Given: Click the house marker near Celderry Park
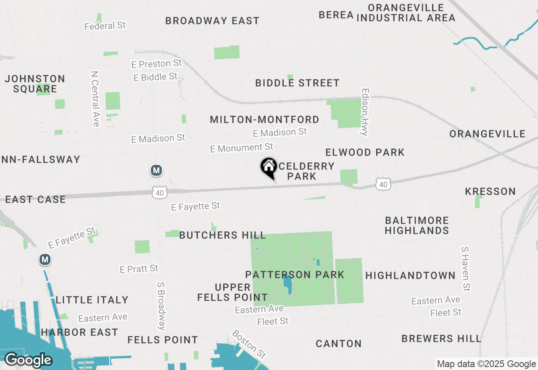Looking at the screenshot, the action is pos(269,167).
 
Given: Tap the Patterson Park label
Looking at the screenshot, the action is pos(295,275).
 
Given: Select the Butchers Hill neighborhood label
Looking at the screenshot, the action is pos(222,235).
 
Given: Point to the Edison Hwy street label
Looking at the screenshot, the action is pos(364,112).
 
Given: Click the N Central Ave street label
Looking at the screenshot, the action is pos(95,98).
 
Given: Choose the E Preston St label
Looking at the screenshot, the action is pos(156,64).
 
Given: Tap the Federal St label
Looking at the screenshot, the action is pos(105,26).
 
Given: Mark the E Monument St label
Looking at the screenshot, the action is pos(242,148).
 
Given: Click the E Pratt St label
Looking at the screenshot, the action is pos(139,269).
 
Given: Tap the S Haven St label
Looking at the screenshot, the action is pos(465,269).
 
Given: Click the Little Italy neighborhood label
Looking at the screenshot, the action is pos(92,300).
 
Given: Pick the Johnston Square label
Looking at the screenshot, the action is pos(35,84).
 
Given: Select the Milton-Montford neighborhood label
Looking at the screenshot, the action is pos(264,120).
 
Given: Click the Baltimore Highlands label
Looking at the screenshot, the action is pos(417,225).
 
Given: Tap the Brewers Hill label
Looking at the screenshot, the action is pos(441,338).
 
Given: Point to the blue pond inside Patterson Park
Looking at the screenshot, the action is pos(288,284).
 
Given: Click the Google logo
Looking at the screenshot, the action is pos(28,360).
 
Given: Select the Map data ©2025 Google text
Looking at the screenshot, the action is pos(486,364).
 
